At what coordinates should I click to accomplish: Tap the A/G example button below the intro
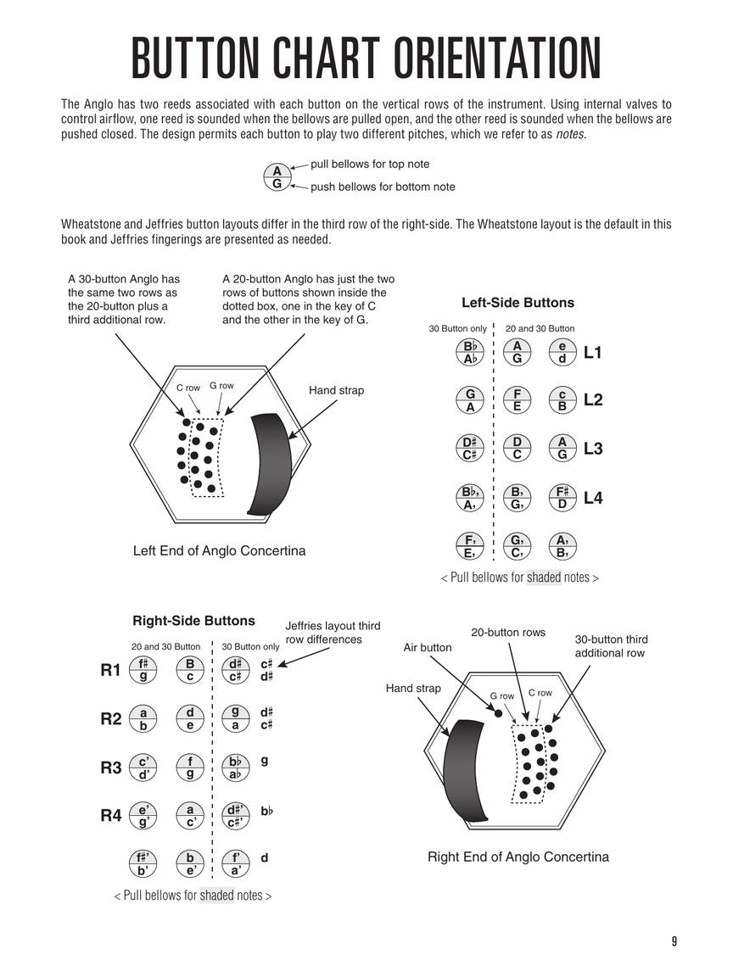pos(277,176)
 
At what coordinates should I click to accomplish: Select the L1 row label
pos(593,352)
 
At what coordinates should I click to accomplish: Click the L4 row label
pos(593,498)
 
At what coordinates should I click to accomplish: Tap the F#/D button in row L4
pos(562,498)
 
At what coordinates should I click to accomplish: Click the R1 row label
pos(111,670)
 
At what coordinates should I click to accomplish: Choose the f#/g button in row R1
pos(143,670)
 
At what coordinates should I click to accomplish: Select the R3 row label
pos(111,768)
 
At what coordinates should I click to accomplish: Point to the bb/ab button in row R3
pos(235,768)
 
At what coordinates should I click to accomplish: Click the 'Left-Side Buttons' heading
pos(518,303)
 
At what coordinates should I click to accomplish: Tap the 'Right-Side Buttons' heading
pos(193,621)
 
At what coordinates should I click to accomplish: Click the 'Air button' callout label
pos(428,648)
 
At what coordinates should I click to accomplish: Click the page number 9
pos(674,941)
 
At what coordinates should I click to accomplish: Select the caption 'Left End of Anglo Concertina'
pos(219,551)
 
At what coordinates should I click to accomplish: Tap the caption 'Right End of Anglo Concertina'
pos(518,857)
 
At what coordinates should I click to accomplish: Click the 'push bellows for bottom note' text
pos(383,187)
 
